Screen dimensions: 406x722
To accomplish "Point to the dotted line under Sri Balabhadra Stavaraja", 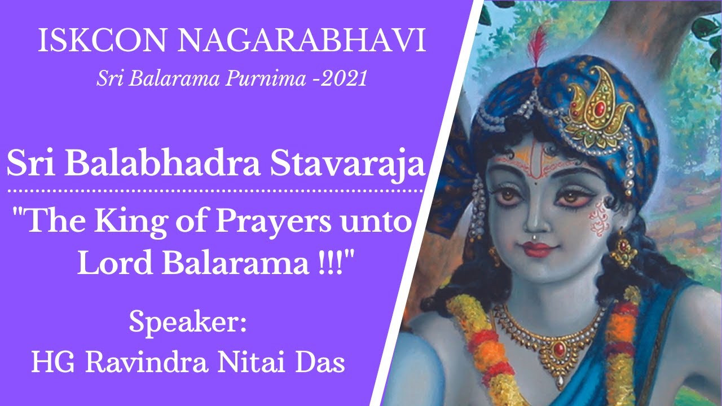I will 214,192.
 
